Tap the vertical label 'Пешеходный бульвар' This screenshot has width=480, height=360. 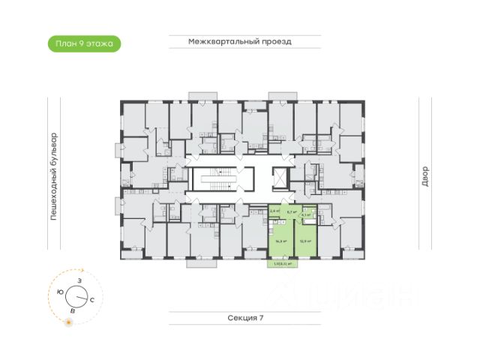point(54,177)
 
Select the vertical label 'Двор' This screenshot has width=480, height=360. point(424,177)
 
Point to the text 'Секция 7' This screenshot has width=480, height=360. point(246,319)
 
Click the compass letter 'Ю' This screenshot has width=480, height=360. point(60,291)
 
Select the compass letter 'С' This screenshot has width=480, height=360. point(91,299)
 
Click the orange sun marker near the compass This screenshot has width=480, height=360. point(69,322)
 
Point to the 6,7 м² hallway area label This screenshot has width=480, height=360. point(291,212)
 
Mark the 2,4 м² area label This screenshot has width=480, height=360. point(274,211)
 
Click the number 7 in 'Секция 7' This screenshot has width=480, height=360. point(261,319)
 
